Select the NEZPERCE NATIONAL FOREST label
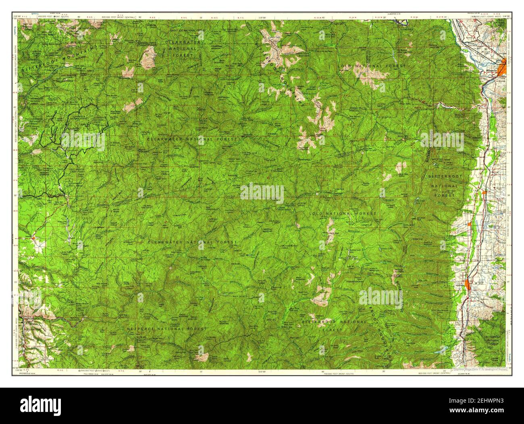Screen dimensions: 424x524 click(166, 329)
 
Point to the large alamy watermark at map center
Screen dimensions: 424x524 click(262, 192)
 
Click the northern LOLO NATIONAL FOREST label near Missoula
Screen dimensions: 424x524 click(371, 65)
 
